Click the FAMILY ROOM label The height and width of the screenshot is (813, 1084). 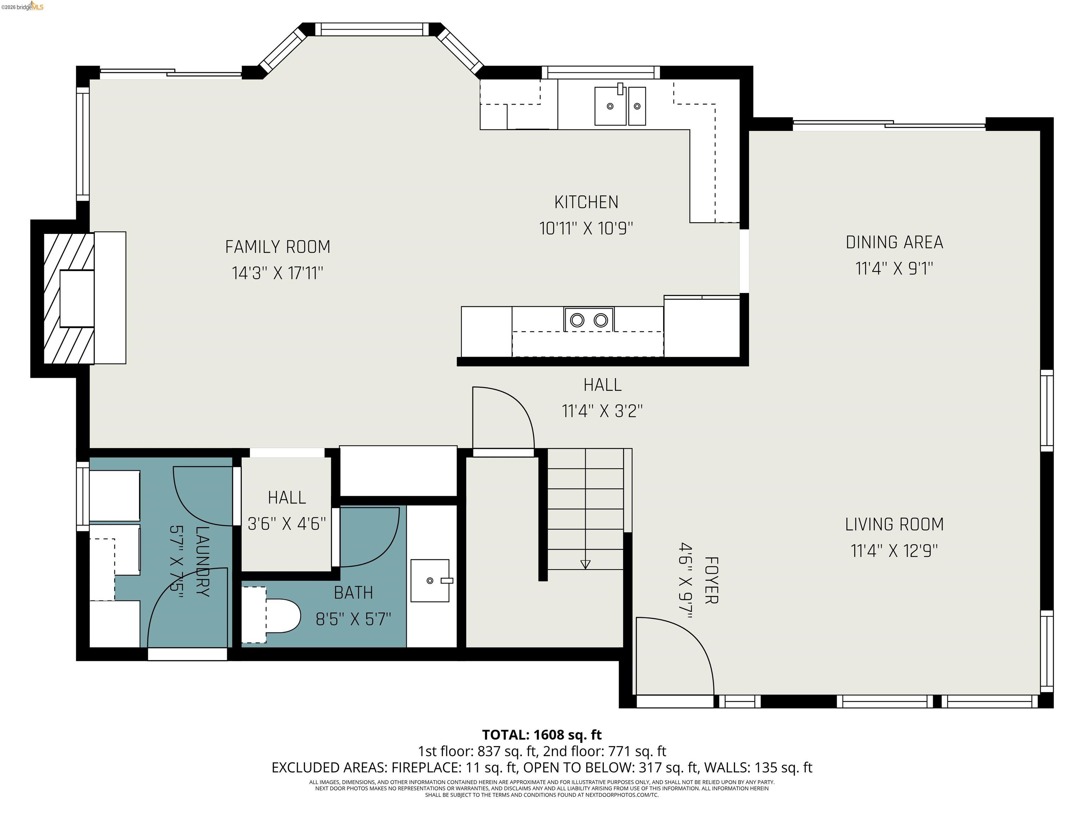pyautogui.click(x=277, y=247)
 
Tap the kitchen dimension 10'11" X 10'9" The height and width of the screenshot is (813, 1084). pyautogui.click(x=586, y=228)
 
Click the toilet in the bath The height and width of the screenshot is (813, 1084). pyautogui.click(x=283, y=615)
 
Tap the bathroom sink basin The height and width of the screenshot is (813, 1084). pyautogui.click(x=430, y=581)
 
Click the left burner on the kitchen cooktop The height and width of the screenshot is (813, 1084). pyautogui.click(x=577, y=320)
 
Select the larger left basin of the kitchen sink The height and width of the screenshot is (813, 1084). pyautogui.click(x=610, y=106)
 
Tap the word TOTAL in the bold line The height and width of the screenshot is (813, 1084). pyautogui.click(x=505, y=735)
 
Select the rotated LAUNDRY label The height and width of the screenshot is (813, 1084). pyautogui.click(x=202, y=561)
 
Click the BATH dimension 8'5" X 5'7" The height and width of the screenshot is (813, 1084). pyautogui.click(x=353, y=619)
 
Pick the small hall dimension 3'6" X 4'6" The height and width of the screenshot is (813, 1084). pyautogui.click(x=287, y=524)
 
